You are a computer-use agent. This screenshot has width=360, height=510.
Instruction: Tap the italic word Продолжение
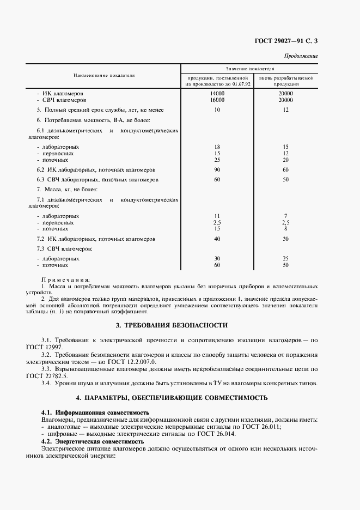click(x=301, y=56)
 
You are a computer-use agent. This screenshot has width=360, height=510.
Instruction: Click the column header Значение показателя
click(x=250, y=69)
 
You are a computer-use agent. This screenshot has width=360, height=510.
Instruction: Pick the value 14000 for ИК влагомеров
click(x=217, y=94)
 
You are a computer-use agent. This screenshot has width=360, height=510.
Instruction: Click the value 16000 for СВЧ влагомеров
click(x=217, y=100)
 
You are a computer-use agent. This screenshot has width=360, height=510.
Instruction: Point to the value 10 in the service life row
click(x=217, y=110)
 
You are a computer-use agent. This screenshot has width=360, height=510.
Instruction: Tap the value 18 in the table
click(x=217, y=147)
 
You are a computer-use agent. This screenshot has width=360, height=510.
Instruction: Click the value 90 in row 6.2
click(x=217, y=169)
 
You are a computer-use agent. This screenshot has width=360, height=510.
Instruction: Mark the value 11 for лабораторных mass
click(x=217, y=216)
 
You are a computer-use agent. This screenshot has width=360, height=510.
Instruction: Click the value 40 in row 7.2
click(x=217, y=239)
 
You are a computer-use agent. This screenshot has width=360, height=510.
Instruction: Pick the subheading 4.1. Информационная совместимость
click(x=95, y=412)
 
